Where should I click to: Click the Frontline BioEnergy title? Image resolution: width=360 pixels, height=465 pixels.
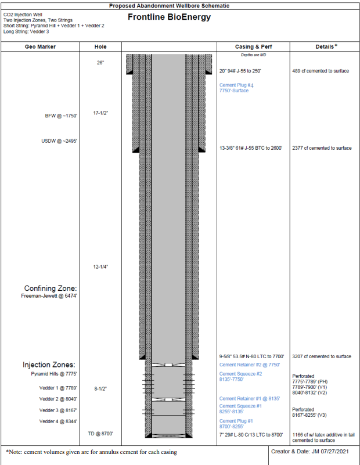coord(169,17)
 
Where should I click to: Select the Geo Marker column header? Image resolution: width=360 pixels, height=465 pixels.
coord(41,46)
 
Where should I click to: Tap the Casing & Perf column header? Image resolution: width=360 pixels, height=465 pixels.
coord(253,46)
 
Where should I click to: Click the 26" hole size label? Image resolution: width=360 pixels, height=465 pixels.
coord(100,63)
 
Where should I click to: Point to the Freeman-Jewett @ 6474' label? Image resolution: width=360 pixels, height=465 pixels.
coord(49,296)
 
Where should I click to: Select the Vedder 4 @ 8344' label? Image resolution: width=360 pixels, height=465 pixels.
coord(59,421)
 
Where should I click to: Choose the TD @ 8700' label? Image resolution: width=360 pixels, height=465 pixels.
coord(100,433)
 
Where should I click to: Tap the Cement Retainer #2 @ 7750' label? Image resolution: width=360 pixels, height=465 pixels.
coord(250,365)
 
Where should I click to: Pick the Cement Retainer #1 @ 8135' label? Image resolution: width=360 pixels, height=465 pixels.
coord(250,399)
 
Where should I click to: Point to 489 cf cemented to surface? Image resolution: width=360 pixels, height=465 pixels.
coord(321,71)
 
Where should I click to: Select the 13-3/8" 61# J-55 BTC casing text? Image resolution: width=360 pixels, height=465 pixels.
coord(251,148)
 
